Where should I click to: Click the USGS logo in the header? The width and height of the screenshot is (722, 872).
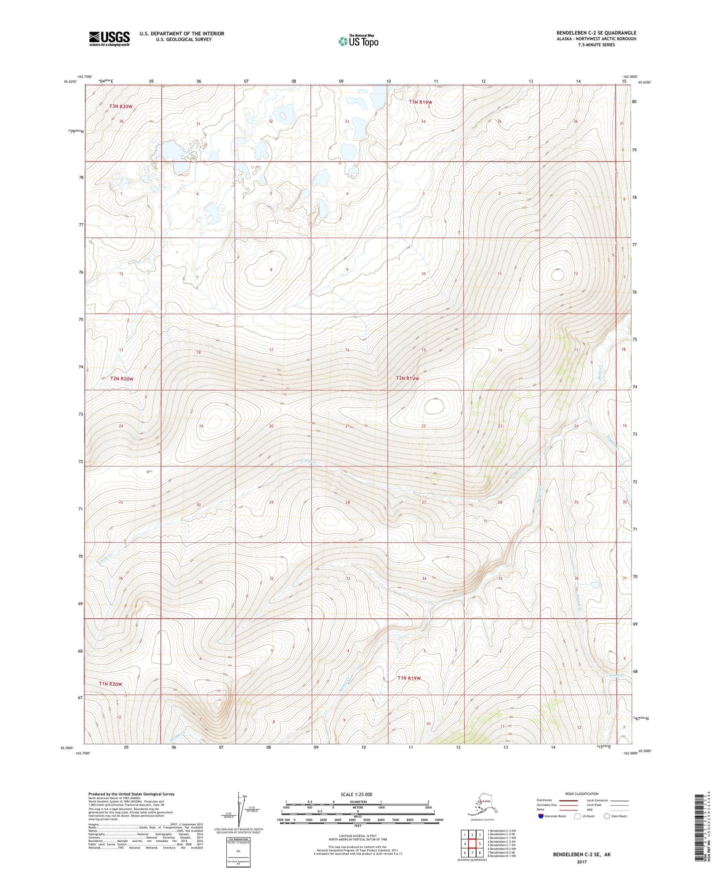(109, 38)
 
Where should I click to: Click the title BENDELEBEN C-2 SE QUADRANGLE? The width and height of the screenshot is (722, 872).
(596, 33)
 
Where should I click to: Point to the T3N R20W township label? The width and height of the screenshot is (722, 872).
(121, 106)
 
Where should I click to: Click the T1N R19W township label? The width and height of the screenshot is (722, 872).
(409, 678)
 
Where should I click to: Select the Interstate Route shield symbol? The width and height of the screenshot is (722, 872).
(541, 816)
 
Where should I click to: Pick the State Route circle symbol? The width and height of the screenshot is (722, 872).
(607, 816)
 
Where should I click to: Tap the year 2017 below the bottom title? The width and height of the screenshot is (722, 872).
(582, 862)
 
